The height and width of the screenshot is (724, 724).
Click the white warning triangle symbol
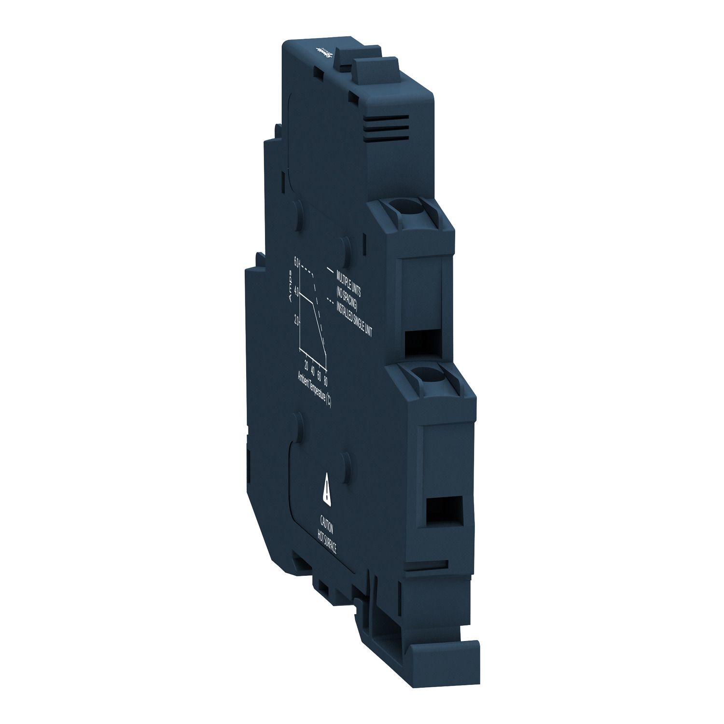(x=328, y=493)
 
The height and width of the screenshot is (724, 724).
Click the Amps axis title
(x=290, y=287)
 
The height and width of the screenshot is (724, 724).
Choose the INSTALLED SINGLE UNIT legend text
(x=357, y=317)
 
